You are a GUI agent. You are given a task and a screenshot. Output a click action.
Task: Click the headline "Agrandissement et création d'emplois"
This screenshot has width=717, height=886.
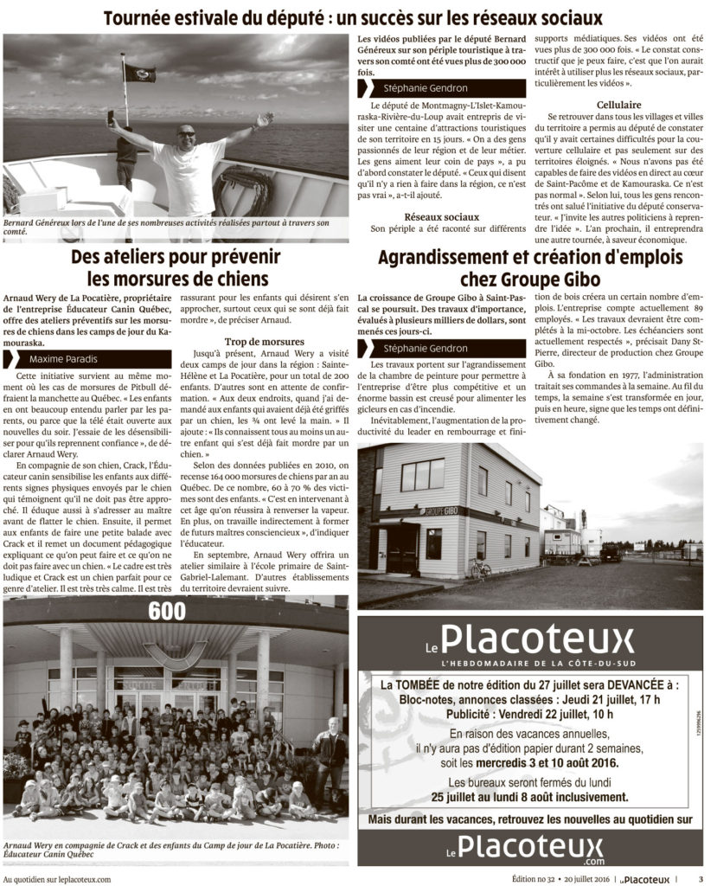click(530, 257)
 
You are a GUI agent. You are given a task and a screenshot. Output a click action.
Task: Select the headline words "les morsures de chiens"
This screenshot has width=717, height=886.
click(178, 278)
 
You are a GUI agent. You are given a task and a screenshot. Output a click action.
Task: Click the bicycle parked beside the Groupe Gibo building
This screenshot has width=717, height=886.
click(480, 568)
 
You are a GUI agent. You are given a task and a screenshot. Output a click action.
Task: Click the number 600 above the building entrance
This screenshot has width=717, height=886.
click(167, 611)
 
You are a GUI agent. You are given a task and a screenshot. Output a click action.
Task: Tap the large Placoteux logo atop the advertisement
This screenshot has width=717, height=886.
click(530, 641)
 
